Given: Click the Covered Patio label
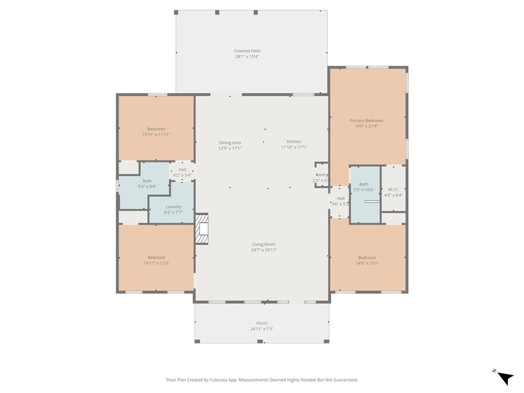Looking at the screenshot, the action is pyautogui.click(x=247, y=51).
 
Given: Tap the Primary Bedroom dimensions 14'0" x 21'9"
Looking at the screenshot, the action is pyautogui.click(x=366, y=126).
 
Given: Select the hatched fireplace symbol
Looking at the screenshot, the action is pyautogui.click(x=202, y=229).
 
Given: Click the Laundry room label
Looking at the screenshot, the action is pyautogui.click(x=173, y=207).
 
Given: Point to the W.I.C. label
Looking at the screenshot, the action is pyautogui.click(x=394, y=189).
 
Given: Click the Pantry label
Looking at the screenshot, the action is pyautogui.click(x=322, y=175).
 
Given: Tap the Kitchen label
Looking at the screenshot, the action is pyautogui.click(x=294, y=141).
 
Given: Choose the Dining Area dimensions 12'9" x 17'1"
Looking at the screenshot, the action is pyautogui.click(x=230, y=148).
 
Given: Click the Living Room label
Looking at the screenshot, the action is pyautogui.click(x=264, y=244).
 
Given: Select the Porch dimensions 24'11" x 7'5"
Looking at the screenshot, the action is pyautogui.click(x=262, y=329).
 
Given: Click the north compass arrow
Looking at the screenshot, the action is pyautogui.click(x=505, y=378).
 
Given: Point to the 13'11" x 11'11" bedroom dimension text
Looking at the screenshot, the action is pyautogui.click(x=156, y=135).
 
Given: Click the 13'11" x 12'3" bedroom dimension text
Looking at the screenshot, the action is pyautogui.click(x=157, y=263).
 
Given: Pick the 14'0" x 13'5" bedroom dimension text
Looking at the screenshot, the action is pyautogui.click(x=367, y=263).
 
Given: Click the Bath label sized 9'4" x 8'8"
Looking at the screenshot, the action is pyautogui.click(x=147, y=181).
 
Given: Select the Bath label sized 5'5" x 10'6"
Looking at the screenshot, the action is pyautogui.click(x=364, y=184).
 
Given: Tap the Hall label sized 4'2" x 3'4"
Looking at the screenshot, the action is pyautogui.click(x=182, y=169).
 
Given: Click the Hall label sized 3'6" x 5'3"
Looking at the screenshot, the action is pyautogui.click(x=340, y=198).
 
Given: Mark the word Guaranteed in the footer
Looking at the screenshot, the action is pyautogui.click(x=347, y=380).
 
